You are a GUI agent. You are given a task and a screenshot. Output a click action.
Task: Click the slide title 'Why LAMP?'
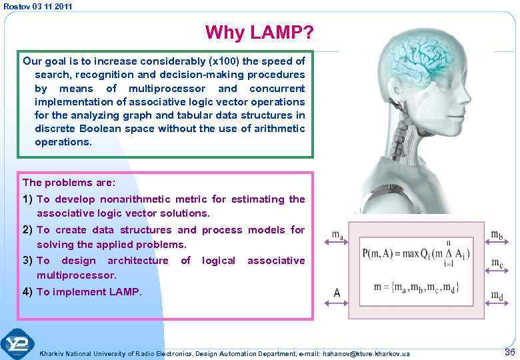tap(259, 32)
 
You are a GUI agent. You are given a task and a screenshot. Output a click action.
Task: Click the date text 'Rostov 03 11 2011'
tap(37, 6)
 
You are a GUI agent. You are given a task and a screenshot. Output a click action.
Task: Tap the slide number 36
tap(509, 351)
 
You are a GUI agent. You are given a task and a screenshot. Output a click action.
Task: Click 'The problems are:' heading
tap(69, 182)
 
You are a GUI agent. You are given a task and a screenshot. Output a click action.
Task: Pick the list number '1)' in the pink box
tap(28, 199)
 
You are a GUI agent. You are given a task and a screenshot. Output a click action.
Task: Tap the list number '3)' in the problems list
tap(28, 261)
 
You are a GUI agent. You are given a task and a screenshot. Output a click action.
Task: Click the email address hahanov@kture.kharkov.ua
tap(367, 353)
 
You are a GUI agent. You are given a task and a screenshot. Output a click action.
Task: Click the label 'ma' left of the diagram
tap(338, 235)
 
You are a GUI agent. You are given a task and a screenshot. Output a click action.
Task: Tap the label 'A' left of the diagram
tap(337, 292)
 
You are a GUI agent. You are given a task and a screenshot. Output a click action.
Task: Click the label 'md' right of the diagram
tap(497, 295)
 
